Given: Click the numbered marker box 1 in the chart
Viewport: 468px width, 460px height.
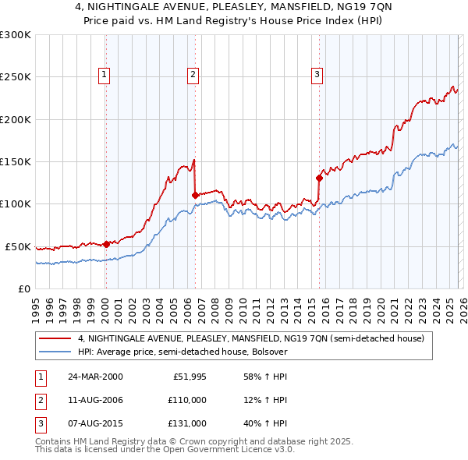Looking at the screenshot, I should coord(105,75).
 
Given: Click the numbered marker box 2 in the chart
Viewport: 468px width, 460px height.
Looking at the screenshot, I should coord(193,75).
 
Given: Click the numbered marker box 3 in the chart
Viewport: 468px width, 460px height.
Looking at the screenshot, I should coord(317,75).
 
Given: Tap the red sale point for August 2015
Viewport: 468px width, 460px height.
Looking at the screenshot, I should coord(319,178).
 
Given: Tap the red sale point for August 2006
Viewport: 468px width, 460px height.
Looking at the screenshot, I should coord(195,196).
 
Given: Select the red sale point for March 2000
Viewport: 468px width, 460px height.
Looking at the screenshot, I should coord(107,244).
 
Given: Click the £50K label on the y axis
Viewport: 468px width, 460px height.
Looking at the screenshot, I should coord(17,246).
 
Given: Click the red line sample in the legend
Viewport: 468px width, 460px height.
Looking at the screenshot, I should coord(55,339).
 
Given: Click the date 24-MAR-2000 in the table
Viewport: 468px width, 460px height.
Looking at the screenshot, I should coord(95,377).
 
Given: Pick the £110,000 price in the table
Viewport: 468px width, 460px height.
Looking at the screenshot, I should coord(188,400).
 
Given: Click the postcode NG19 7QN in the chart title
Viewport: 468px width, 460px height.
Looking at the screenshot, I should coord(339,8).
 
